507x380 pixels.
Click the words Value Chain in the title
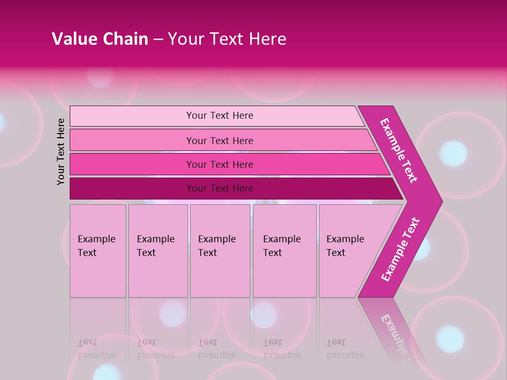tap(100, 39)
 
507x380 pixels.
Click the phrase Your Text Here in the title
tap(227, 39)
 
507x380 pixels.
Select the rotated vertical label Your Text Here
tap(61, 151)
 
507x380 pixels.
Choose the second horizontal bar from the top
tap(219, 140)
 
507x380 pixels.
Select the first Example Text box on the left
tap(98, 250)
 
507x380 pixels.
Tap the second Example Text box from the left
tap(157, 250)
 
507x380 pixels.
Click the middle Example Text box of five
tap(220, 250)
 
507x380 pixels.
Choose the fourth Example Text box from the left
tap(285, 250)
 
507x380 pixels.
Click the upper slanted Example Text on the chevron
tap(399, 150)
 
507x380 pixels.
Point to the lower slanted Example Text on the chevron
tap(400, 250)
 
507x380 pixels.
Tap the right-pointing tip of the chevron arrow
tap(439, 202)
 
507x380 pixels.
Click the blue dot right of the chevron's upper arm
tap(453, 154)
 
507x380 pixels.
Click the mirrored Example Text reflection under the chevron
tap(395, 332)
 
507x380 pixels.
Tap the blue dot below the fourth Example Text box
tap(264, 314)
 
